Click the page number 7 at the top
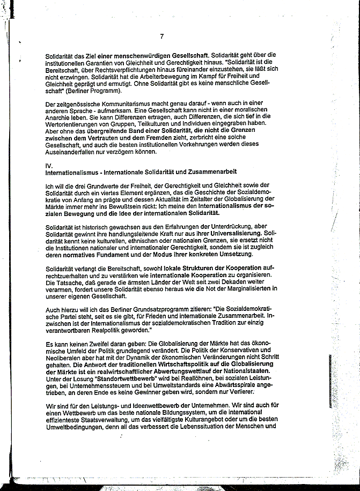tap(161, 36)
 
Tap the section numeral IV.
tap(50, 165)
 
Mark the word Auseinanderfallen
tap(75, 152)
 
